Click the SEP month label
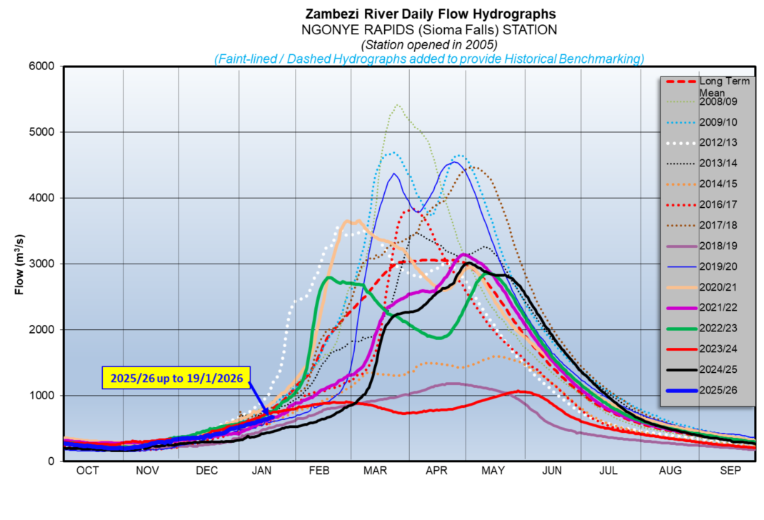pos(728,470)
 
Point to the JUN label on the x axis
pos(552,470)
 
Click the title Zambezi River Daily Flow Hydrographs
pos(430,14)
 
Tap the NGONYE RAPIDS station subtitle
pos(430,30)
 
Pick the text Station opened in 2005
pos(430,44)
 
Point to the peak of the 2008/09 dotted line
pos(397,105)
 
